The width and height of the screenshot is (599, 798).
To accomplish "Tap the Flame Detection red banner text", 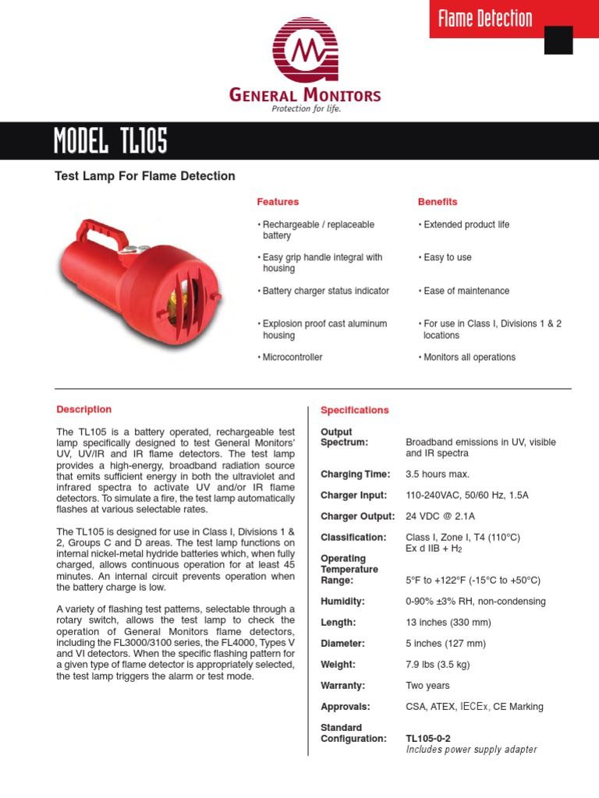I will point(484,19).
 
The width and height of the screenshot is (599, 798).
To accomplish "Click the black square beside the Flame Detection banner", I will point(558,40).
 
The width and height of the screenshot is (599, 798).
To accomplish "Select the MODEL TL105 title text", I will point(110,142).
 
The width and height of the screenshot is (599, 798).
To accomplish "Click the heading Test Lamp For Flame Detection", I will point(144,176).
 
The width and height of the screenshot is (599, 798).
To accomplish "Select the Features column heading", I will point(278,202).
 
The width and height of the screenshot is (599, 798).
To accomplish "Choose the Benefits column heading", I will point(438,202).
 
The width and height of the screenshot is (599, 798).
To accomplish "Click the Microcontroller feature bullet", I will point(289,357).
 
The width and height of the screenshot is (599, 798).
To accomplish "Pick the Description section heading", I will point(83,409).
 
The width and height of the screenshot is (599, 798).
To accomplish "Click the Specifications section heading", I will point(355,410).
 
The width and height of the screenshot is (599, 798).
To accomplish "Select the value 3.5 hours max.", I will point(438,474).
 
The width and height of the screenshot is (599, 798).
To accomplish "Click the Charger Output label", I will point(353,516).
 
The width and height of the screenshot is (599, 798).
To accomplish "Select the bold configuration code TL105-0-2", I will point(428,738).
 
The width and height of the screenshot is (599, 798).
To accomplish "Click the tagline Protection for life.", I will point(306,109).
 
